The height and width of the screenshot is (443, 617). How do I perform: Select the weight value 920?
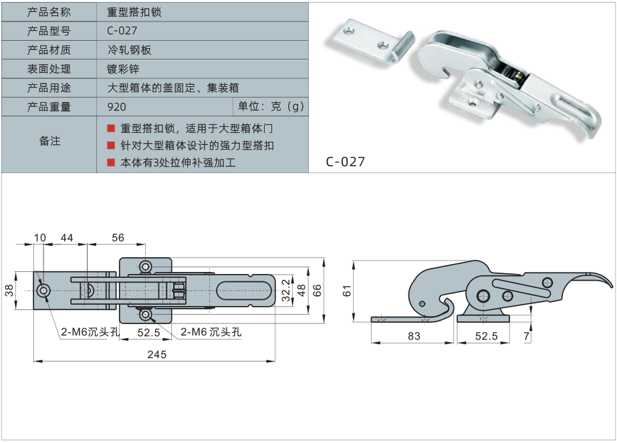coord(116,106)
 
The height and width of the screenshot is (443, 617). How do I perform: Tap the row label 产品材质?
coord(49,50)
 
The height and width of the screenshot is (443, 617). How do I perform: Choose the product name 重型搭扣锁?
coord(134,12)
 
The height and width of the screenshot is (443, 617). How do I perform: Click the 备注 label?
coord(49,141)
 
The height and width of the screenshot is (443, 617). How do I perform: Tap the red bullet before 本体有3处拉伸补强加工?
coord(111,162)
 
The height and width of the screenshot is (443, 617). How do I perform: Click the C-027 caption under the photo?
coord(346,161)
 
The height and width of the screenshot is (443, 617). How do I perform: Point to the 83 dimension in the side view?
coord(414,336)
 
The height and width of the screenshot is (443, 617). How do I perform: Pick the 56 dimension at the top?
coord(118,238)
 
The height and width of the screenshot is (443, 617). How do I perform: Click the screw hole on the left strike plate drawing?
coord(44,291)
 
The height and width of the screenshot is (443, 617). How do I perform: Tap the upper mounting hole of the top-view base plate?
coord(145,267)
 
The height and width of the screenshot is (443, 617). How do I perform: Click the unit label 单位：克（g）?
coord(271,106)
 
